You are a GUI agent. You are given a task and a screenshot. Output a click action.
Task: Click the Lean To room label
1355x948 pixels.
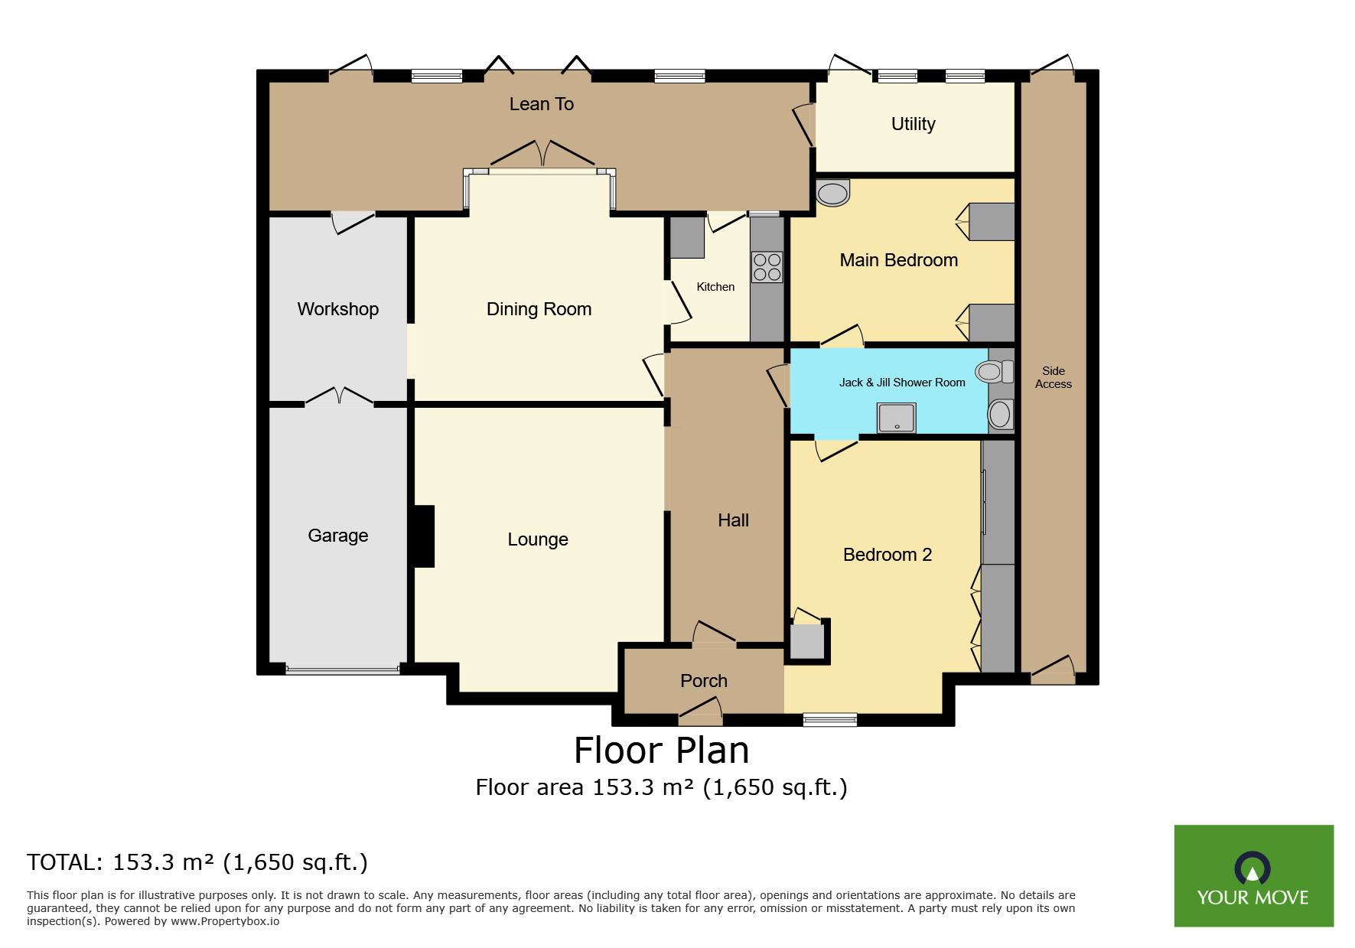[x=541, y=104]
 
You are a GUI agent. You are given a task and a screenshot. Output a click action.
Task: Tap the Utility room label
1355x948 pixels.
[x=913, y=124]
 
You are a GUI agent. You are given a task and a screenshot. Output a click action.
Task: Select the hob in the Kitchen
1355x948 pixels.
[x=767, y=267]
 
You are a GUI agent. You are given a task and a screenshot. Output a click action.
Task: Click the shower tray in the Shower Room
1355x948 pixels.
[x=896, y=418]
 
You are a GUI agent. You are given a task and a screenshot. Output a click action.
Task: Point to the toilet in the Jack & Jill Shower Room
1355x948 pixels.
[x=994, y=372]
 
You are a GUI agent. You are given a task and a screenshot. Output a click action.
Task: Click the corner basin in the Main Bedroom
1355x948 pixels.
[x=832, y=193]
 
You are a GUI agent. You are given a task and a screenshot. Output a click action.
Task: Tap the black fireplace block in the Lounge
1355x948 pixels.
[x=424, y=536]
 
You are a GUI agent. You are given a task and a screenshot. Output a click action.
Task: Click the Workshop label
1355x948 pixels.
[x=337, y=309]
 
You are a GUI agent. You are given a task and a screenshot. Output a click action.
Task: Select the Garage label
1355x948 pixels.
[x=337, y=536]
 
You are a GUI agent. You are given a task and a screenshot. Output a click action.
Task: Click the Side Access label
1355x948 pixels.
[x=1053, y=377]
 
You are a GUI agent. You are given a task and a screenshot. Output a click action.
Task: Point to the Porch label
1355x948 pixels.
[x=703, y=681]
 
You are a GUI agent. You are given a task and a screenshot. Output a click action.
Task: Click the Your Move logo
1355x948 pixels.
[x=1253, y=875]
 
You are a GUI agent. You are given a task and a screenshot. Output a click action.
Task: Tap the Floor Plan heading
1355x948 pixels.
[x=661, y=751]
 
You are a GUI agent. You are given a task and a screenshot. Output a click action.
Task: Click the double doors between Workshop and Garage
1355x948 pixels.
[x=339, y=398]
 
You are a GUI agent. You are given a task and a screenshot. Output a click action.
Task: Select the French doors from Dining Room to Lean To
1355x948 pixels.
[x=542, y=155]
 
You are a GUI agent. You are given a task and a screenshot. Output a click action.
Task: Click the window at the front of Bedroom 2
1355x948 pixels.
[x=829, y=719]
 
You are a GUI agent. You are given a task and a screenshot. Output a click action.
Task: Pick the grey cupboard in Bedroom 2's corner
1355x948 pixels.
[x=806, y=641]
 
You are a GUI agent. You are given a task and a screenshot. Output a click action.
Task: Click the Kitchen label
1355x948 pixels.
[x=715, y=287]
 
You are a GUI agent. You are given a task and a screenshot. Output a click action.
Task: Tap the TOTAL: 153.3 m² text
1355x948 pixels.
[x=197, y=862]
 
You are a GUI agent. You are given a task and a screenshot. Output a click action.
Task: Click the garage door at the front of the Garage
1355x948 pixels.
[x=342, y=670]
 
